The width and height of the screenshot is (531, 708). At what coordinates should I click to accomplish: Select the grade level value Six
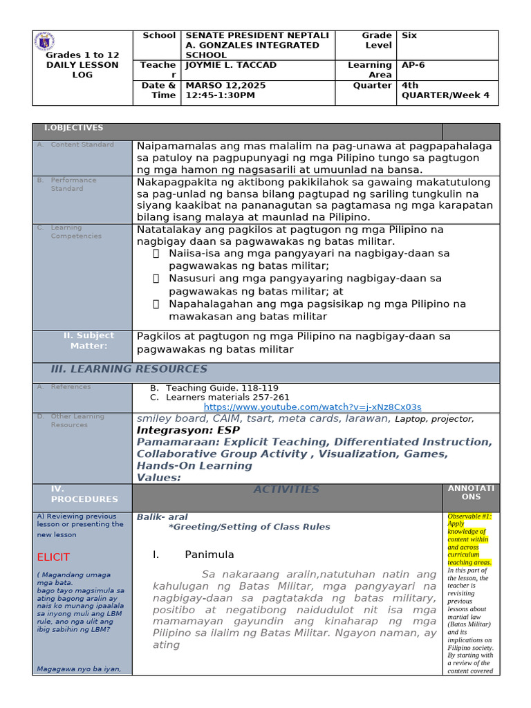click(409, 35)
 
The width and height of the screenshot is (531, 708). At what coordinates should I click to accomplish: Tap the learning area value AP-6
click(413, 65)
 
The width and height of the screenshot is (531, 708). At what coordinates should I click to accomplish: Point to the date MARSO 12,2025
click(225, 85)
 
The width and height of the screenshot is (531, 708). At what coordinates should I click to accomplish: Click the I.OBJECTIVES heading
click(73, 128)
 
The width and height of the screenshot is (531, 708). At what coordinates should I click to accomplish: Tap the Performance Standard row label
click(73, 184)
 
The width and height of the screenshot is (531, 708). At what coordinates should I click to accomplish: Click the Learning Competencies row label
click(76, 232)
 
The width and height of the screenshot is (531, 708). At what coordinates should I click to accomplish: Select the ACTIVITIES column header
click(286, 490)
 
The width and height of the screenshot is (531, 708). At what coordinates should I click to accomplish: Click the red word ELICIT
click(53, 557)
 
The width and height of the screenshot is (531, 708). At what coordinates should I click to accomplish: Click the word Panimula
click(209, 555)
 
